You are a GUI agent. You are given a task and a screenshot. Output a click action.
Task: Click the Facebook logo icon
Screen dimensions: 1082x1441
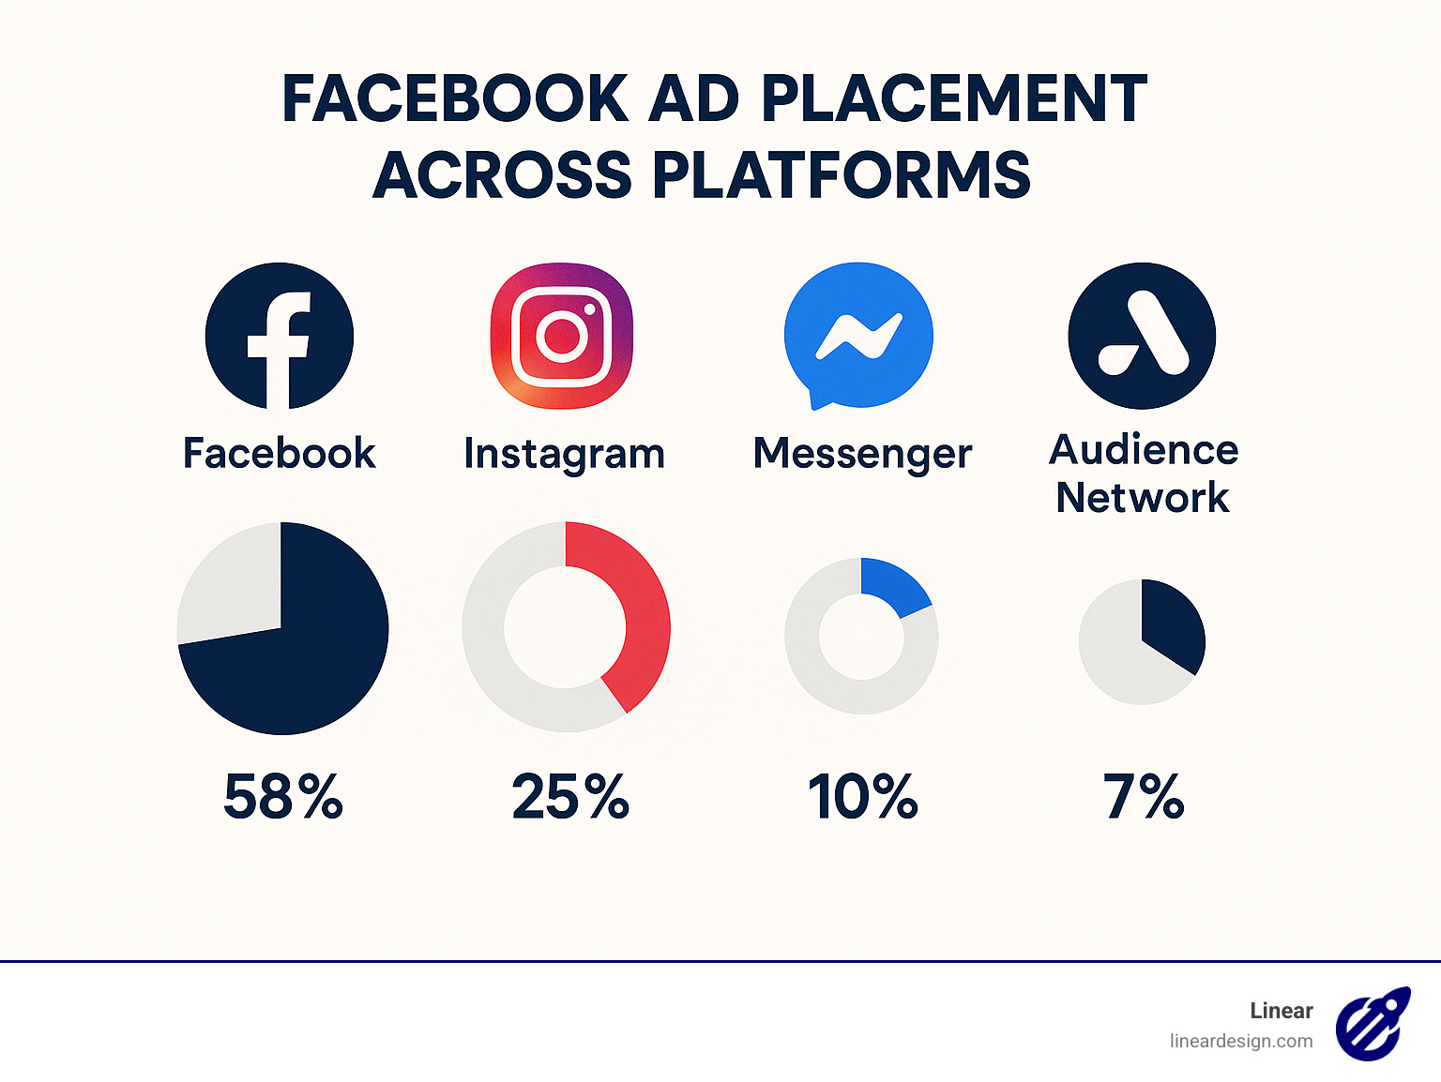tap(280, 336)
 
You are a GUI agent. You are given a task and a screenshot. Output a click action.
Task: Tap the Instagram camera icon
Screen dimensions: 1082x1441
tap(562, 336)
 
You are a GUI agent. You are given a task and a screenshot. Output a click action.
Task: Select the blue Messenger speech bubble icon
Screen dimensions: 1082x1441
tap(858, 336)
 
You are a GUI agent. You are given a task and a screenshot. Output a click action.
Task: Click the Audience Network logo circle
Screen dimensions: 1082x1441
tap(1142, 336)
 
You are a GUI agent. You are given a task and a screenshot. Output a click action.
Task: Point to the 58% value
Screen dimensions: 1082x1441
tap(283, 797)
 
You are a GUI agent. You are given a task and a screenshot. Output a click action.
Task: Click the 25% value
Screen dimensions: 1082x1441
tap(570, 797)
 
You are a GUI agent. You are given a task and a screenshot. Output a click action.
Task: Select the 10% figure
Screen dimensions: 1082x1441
tap(863, 797)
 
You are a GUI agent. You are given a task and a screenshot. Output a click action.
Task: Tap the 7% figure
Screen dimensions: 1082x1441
tap(1144, 797)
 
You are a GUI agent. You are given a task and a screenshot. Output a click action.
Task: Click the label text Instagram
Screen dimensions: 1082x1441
tap(564, 455)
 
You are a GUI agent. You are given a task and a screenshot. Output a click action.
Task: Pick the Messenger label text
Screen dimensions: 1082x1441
tap(862, 455)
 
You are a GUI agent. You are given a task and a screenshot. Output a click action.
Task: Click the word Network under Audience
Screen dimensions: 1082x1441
tap(1142, 497)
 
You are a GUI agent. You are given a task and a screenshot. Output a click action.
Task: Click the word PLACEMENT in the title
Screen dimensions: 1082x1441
tap(953, 98)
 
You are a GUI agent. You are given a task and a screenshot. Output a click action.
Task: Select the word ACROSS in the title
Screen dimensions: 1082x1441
tap(503, 175)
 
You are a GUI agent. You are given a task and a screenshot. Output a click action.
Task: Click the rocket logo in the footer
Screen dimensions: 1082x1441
tap(1373, 1024)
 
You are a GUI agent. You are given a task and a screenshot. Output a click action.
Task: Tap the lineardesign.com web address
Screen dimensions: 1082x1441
tap(1240, 1041)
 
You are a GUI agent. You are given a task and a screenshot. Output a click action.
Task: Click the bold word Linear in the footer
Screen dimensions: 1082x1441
tap(1281, 1011)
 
